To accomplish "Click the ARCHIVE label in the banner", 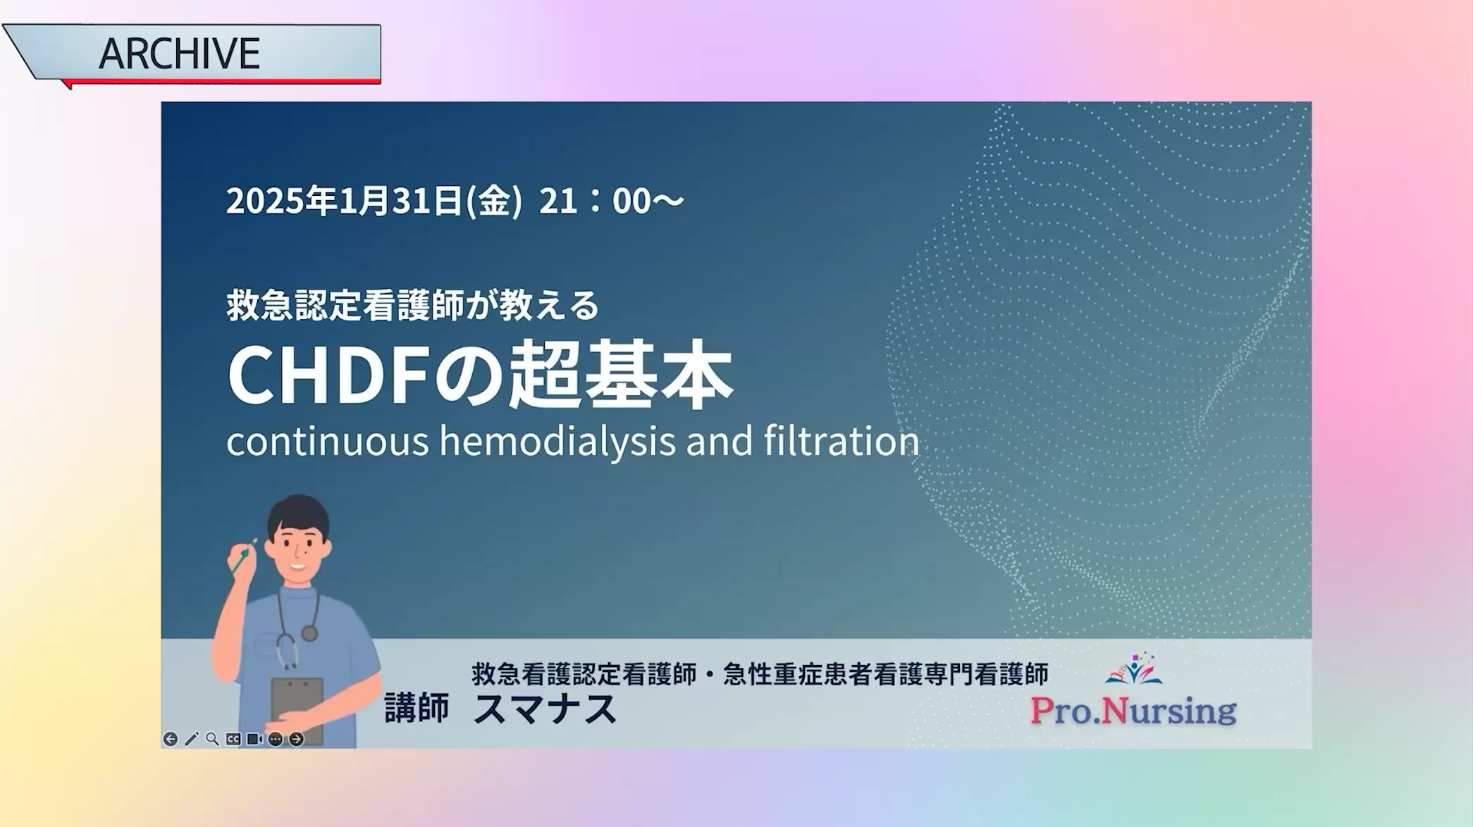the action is (x=179, y=54).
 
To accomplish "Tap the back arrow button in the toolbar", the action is (x=170, y=739).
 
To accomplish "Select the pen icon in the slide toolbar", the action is (x=191, y=739).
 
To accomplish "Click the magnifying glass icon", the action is (x=212, y=739).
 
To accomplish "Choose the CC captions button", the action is (x=233, y=739).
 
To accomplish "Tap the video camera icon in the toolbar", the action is (x=254, y=739).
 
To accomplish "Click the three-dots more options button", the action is (x=276, y=739).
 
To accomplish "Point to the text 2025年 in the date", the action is (x=281, y=201).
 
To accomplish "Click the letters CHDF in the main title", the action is (x=328, y=375).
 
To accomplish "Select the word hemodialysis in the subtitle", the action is (x=557, y=442).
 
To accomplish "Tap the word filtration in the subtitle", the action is (x=842, y=440).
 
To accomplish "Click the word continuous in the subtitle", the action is (x=328, y=442).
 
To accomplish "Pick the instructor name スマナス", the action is (x=545, y=709).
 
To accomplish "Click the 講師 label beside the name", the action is (x=417, y=708).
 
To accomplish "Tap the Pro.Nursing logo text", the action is (x=1133, y=710).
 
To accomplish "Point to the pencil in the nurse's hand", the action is (x=243, y=556).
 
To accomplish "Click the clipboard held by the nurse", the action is (x=297, y=709).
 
